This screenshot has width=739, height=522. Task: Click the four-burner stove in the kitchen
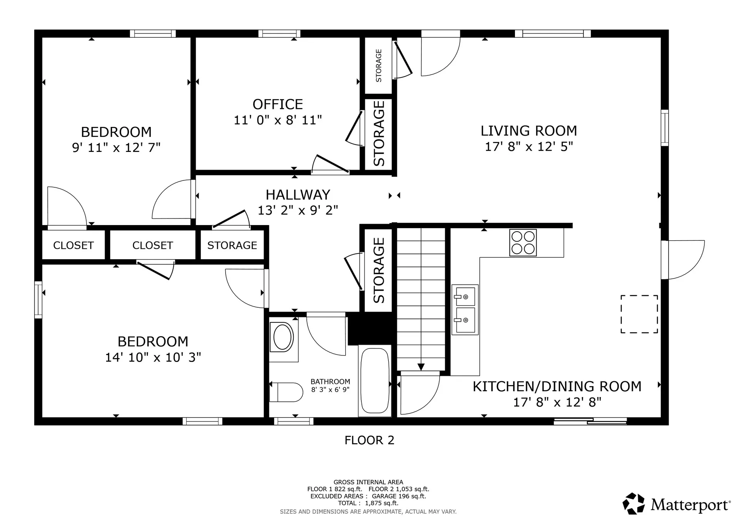[x=523, y=243]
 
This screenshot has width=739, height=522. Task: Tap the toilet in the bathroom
[x=287, y=392]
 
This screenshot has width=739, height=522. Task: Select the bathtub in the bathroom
[x=375, y=380]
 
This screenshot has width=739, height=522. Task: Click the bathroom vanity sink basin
[x=283, y=337]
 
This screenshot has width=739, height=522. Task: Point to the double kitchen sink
[x=465, y=309]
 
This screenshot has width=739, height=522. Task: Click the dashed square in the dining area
[x=639, y=314]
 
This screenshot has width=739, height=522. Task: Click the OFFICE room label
[x=278, y=104]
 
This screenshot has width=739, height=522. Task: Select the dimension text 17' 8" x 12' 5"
[x=529, y=147]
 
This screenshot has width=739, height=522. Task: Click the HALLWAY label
[x=298, y=195]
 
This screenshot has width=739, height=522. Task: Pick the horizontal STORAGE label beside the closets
[x=232, y=245]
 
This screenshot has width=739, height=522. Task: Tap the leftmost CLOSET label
[x=73, y=245]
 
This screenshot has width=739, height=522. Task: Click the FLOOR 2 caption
[x=369, y=440]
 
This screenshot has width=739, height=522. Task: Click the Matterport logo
[x=676, y=504]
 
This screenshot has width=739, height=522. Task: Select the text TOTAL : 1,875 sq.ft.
[x=368, y=503]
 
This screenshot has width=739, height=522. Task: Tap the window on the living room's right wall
[x=665, y=128]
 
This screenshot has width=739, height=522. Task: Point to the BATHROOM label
[x=330, y=382]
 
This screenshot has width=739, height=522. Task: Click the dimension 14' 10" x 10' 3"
[x=153, y=357]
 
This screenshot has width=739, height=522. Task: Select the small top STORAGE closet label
[x=378, y=65]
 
